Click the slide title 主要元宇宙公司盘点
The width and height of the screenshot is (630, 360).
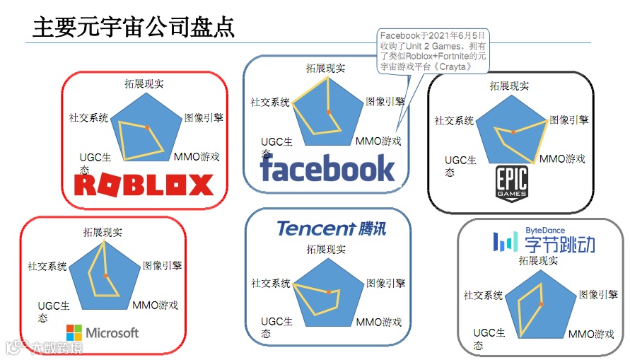coord(134,28)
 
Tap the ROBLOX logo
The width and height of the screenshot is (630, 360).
coord(144,185)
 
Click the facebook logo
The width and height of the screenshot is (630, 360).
coord(327,168)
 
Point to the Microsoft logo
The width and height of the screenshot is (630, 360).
coord(103,332)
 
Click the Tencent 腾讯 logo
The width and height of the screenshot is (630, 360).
coord(332,228)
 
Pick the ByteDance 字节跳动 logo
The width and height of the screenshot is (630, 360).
coord(544,242)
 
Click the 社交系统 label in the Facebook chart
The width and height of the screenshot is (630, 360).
coord(270,102)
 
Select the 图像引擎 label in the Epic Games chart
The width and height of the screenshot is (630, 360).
coord(569,120)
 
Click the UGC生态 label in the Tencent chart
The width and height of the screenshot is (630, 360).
coord(276,327)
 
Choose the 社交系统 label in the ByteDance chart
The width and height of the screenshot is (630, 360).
coord(483,295)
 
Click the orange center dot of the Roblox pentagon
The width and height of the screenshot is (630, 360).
coord(147,127)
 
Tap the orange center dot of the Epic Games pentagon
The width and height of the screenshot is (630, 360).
coord(513,132)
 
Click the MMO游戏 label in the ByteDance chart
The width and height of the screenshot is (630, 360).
coord(591,334)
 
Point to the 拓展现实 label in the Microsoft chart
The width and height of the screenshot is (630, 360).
coord(102,231)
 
